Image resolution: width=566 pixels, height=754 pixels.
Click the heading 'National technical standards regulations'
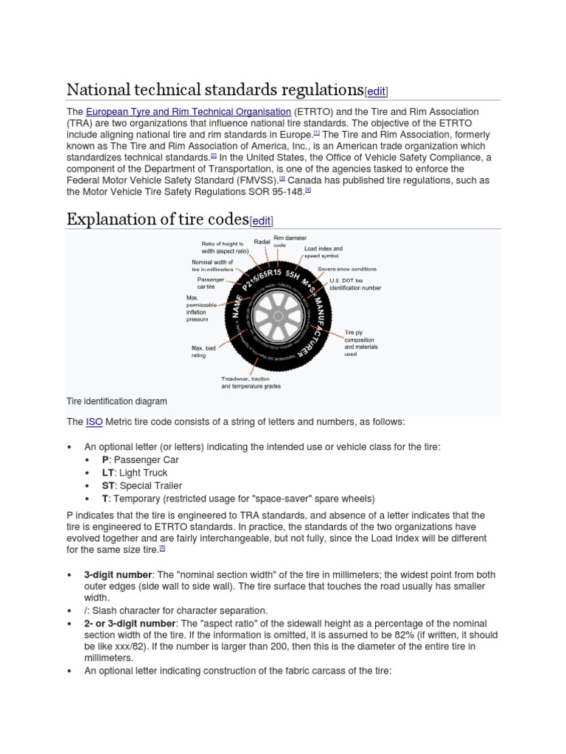pyautogui.click(x=215, y=90)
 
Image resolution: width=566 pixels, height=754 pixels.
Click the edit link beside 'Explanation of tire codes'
pyautogui.click(x=261, y=221)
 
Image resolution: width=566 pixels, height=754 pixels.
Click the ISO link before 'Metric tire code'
pyautogui.click(x=94, y=422)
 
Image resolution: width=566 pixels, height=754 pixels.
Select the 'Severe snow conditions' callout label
pyautogui.click(x=347, y=269)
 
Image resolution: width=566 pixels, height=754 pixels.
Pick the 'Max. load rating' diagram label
pyautogui.click(x=203, y=350)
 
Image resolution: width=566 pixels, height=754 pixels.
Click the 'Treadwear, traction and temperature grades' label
pyautogui.click(x=251, y=381)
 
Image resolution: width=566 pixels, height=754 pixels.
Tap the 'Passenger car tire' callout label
pyautogui.click(x=210, y=283)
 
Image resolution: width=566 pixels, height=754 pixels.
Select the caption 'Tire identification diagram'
pyautogui.click(x=116, y=401)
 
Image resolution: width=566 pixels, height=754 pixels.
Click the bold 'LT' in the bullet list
pyautogui.click(x=108, y=473)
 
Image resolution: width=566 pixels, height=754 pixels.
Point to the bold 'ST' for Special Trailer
pyautogui.click(x=108, y=485)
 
